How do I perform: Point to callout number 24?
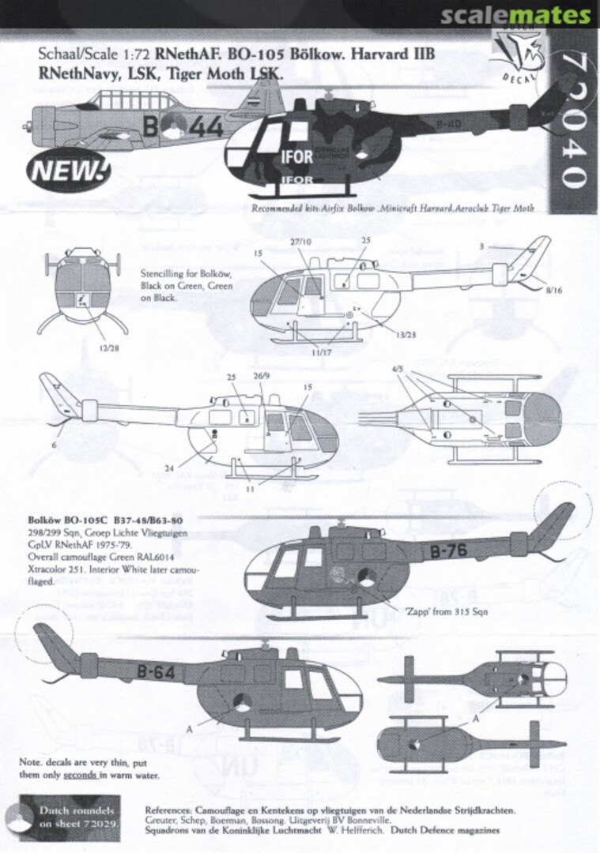168,470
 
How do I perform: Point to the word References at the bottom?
169,811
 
